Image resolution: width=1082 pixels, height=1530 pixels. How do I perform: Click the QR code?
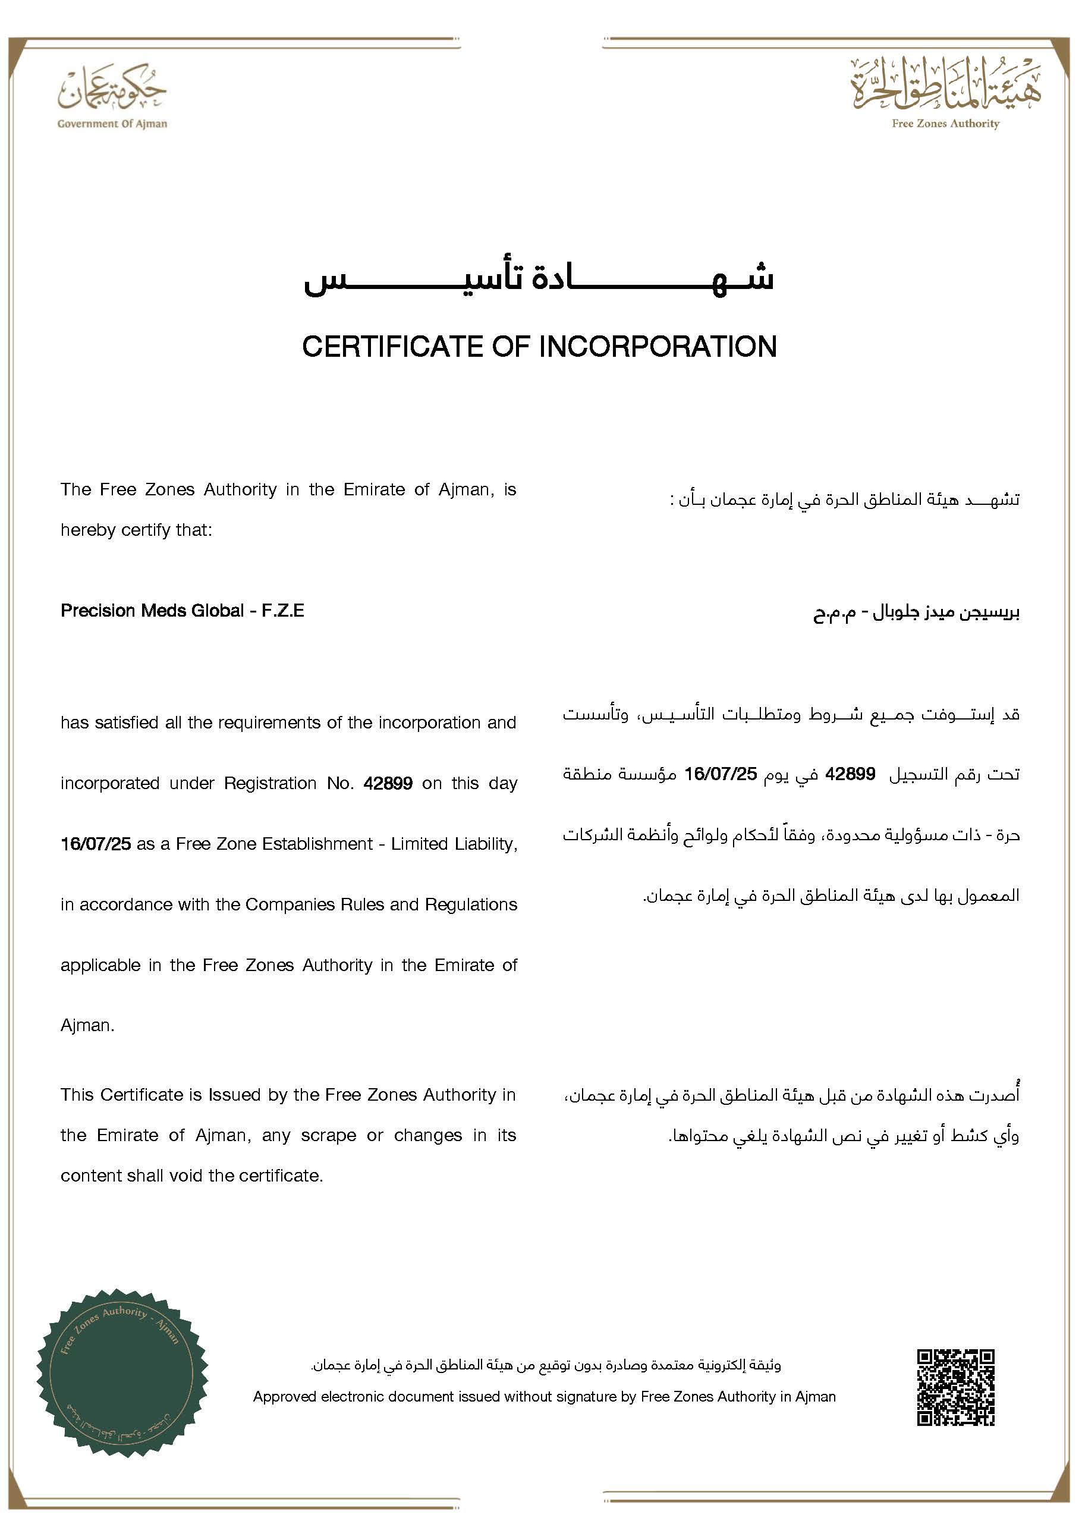tap(955, 1387)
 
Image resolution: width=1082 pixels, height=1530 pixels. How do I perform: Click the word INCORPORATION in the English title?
tap(657, 347)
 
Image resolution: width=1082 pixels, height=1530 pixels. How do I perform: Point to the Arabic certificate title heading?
tap(539, 278)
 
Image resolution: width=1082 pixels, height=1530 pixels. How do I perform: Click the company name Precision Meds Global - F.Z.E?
tap(182, 611)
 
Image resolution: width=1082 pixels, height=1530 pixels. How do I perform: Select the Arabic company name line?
tap(916, 613)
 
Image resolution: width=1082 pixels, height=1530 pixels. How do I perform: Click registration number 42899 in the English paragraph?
tap(388, 783)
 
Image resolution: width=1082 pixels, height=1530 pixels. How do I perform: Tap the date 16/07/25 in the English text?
tap(95, 844)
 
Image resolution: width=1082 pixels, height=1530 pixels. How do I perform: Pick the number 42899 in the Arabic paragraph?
tap(850, 774)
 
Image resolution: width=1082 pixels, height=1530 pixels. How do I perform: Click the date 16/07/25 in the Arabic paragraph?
tap(721, 774)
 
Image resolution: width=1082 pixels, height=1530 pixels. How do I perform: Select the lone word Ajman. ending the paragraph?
tap(87, 1026)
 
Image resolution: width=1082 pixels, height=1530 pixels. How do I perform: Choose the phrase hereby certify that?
tap(136, 530)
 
